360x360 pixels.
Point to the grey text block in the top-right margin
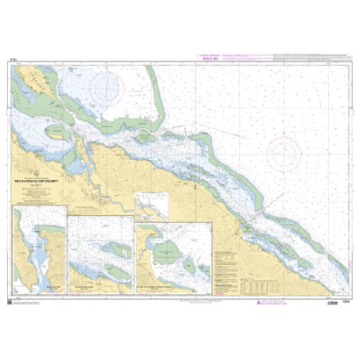[x=310, y=57]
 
